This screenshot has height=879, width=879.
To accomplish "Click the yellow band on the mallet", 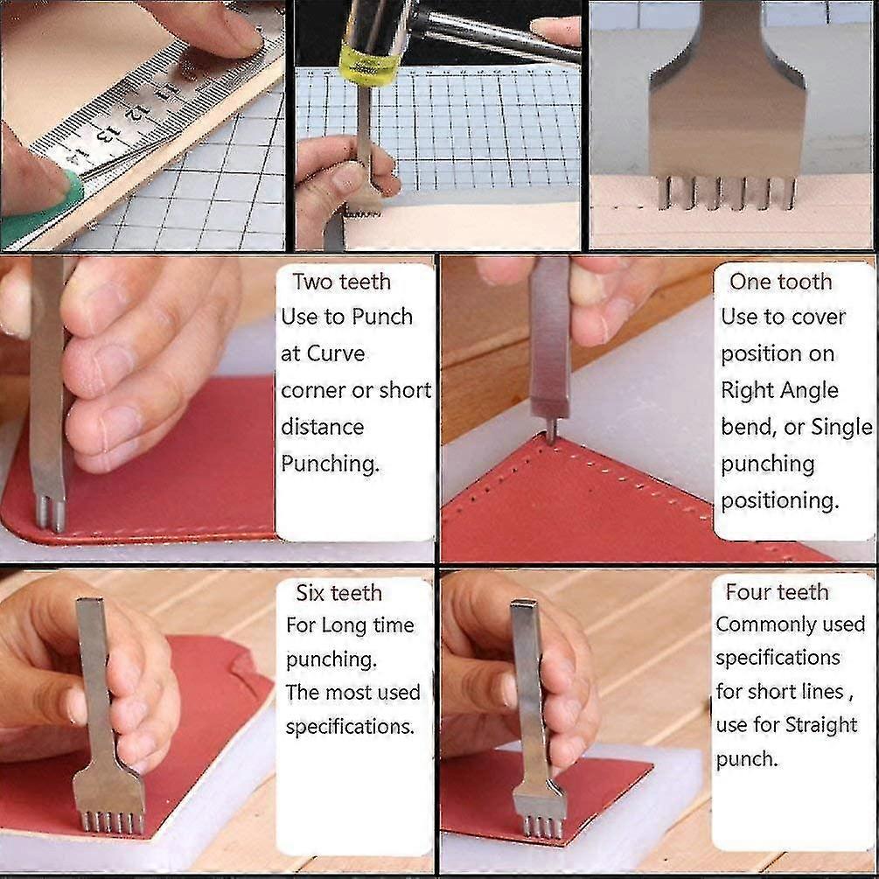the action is pyautogui.click(x=368, y=66).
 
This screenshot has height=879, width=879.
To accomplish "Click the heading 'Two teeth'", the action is pyautogui.click(x=341, y=282).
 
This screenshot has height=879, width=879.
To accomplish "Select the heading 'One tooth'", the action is pyautogui.click(x=780, y=282).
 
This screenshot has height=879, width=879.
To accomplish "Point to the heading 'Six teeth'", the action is pyautogui.click(x=339, y=592).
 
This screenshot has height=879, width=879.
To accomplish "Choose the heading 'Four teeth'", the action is pyautogui.click(x=777, y=591).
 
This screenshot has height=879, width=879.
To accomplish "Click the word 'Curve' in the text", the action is pyautogui.click(x=336, y=353).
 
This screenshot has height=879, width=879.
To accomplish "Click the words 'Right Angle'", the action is pyautogui.click(x=779, y=390).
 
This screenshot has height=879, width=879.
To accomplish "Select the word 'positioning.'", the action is pyautogui.click(x=780, y=500).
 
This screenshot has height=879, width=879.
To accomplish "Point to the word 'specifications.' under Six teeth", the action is pyautogui.click(x=350, y=727).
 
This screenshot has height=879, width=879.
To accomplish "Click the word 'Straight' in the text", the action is pyautogui.click(x=821, y=725).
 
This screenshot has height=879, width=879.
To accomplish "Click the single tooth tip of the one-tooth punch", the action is pyautogui.click(x=552, y=434).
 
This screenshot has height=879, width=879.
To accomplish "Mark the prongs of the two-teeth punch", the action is pyautogui.click(x=51, y=513).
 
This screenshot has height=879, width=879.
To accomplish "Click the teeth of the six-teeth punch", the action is pyautogui.click(x=113, y=822).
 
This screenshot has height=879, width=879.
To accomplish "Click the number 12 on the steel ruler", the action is pyautogui.click(x=134, y=112).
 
